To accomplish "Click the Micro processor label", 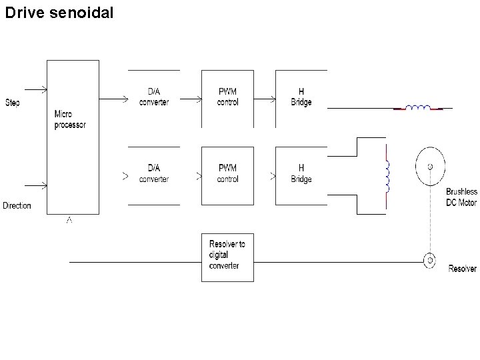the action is [x=70, y=120].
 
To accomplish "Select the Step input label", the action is [x=12, y=103].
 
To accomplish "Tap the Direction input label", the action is [x=17, y=205].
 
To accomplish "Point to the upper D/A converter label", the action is [x=154, y=97].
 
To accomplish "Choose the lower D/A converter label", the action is [x=154, y=173].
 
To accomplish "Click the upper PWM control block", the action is [x=228, y=97].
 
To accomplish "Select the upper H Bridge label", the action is [x=301, y=97].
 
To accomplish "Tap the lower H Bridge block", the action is [x=301, y=173].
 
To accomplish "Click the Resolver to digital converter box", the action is [x=227, y=257].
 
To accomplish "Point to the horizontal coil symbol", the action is [x=419, y=107].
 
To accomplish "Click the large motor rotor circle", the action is [x=430, y=166].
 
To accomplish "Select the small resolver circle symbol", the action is [x=430, y=260].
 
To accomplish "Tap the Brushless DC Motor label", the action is [x=461, y=197].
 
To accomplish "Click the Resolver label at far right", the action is [x=462, y=269].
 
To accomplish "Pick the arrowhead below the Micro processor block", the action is [x=69, y=219].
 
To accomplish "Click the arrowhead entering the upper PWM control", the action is [x=199, y=100].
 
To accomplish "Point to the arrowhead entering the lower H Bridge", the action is [x=273, y=177].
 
